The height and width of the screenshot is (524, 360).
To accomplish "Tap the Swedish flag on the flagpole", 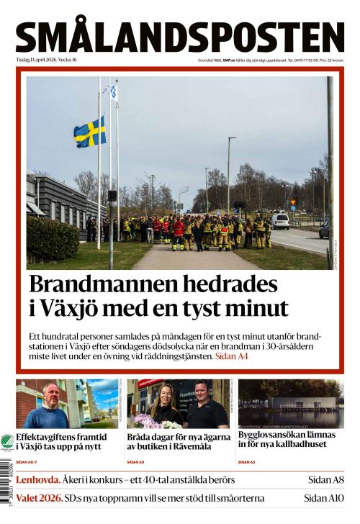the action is (x=89, y=132).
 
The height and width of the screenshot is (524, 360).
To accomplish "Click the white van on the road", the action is (x=280, y=221).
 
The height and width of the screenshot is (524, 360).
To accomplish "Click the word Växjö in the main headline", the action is (x=74, y=309).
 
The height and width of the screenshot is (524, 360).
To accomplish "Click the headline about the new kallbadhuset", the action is (x=287, y=439).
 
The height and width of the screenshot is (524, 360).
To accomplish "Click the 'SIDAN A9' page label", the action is (x=135, y=461).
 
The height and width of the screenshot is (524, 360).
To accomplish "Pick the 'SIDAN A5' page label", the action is (x=246, y=461).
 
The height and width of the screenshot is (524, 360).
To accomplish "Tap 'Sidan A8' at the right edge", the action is (x=326, y=479).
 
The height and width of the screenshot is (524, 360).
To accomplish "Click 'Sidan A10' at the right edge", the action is (x=324, y=497).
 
